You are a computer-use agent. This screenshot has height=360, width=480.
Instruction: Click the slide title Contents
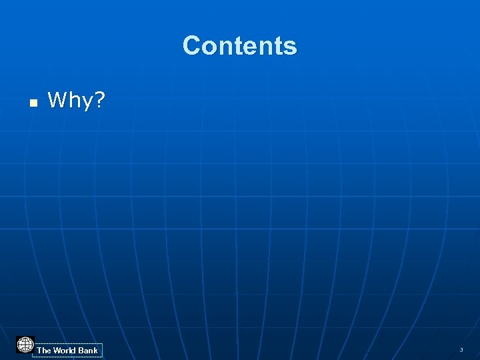(x=239, y=46)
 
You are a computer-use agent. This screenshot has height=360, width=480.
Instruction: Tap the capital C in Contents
(x=192, y=46)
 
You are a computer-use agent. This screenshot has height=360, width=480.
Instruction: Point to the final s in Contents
(x=291, y=47)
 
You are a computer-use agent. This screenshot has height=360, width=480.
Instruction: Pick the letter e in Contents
(x=250, y=47)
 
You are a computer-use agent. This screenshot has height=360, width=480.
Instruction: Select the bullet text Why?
(x=76, y=101)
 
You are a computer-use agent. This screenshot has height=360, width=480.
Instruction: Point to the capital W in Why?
(x=57, y=100)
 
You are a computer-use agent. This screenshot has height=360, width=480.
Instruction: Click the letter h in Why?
(x=73, y=100)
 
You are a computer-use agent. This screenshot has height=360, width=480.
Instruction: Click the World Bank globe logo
(x=25, y=345)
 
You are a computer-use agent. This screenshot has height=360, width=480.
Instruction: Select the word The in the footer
(x=44, y=350)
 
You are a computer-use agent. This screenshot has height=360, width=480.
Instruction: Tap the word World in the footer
(x=65, y=350)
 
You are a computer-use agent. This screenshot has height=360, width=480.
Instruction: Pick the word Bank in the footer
(x=88, y=350)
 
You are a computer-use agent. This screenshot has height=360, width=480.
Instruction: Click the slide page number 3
(x=461, y=350)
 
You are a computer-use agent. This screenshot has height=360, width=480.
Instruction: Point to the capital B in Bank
(x=81, y=350)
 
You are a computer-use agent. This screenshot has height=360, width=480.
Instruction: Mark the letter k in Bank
(x=95, y=350)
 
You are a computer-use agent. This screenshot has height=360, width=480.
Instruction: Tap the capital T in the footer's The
(x=39, y=350)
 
